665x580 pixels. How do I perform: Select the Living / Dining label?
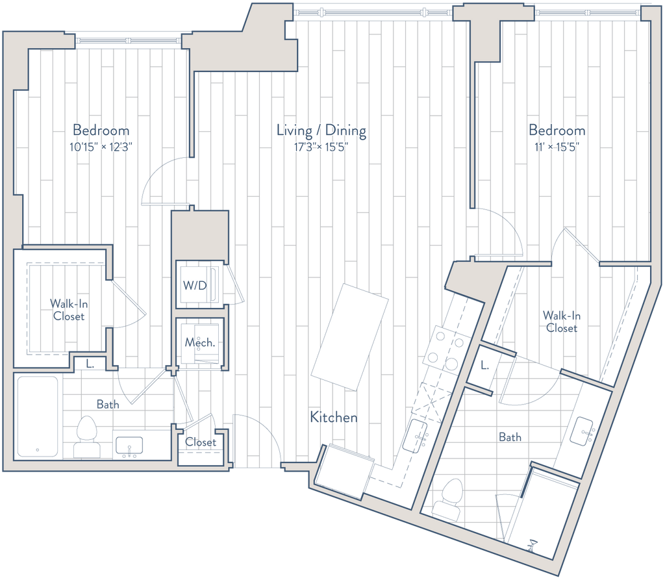321,131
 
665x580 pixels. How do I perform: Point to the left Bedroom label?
101,130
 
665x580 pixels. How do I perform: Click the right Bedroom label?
557,131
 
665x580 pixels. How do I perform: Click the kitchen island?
350,340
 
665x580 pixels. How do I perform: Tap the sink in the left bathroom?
129,445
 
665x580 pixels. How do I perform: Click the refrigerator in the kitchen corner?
346,471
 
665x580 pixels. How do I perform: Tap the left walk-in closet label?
68,309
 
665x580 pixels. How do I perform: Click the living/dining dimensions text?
321,147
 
